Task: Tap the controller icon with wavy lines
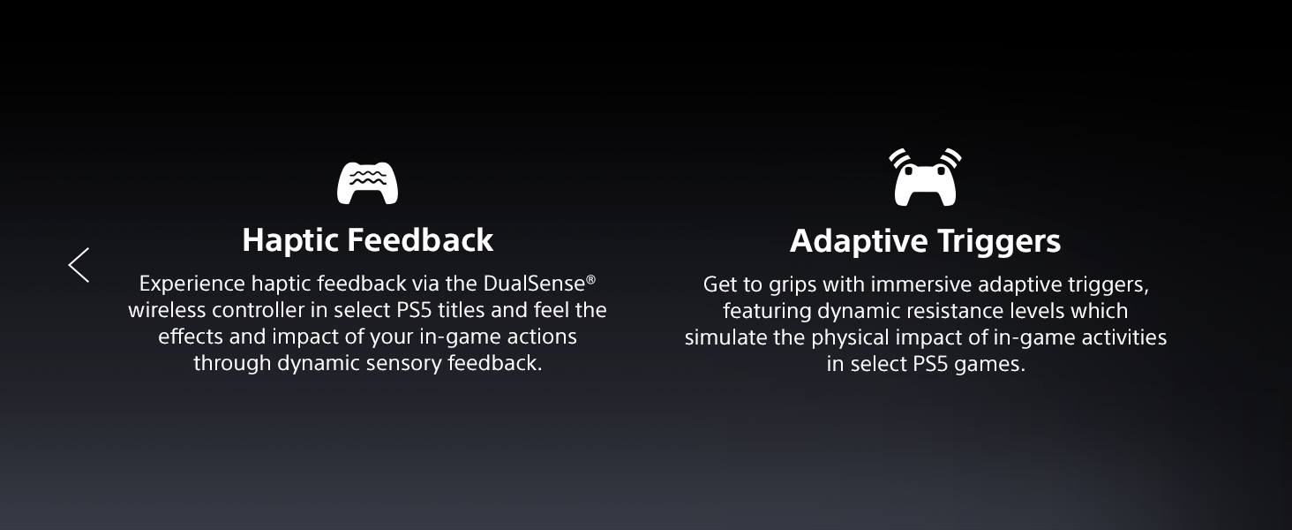pyautogui.click(x=367, y=183)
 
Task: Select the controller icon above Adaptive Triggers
pyautogui.click(x=925, y=178)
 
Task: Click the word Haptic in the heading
pyautogui.click(x=289, y=241)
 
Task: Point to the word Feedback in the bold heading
pyautogui.click(x=420, y=239)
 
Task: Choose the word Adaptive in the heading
pyautogui.click(x=859, y=241)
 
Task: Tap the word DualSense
pyautogui.click(x=534, y=284)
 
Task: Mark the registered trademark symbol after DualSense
pyautogui.click(x=590, y=279)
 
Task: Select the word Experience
pyautogui.click(x=192, y=284)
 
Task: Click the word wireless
pyautogui.click(x=167, y=310)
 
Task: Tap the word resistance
pyautogui.click(x=957, y=311)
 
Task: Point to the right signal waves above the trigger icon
pyautogui.click(x=950, y=157)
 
